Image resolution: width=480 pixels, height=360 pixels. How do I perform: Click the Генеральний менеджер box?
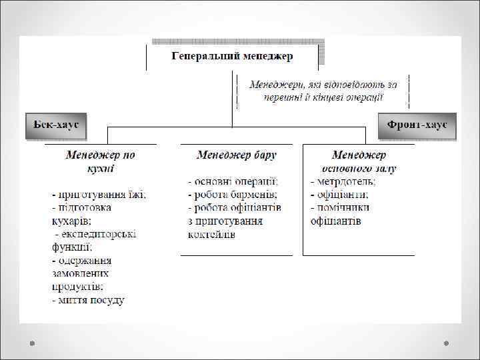coord(232,56)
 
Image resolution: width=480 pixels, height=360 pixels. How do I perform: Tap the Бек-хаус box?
coord(56,125)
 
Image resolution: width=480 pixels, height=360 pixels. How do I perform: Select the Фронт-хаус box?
coord(417,125)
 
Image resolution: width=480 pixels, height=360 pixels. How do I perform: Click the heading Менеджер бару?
coord(237,155)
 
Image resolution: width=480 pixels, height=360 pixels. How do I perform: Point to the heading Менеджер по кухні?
coord(100,161)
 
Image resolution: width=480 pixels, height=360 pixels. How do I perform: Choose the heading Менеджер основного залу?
coord(359,161)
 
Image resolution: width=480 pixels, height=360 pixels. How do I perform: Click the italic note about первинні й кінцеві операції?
coord(323,91)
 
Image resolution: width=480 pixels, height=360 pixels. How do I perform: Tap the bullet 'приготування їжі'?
coord(100,195)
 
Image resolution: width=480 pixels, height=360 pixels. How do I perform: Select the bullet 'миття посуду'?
coord(89,300)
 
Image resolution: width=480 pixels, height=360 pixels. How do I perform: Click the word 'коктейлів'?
coord(211,234)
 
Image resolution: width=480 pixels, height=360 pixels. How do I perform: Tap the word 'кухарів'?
coord(71,221)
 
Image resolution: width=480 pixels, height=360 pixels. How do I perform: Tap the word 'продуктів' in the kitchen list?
coord(77,287)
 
